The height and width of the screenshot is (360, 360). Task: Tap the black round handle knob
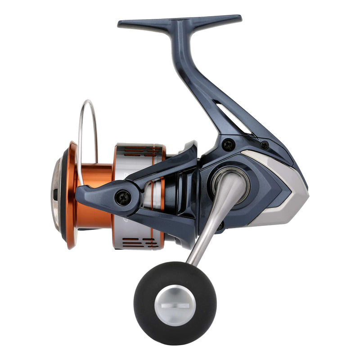(148, 288)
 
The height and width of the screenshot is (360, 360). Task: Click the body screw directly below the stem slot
(229, 144)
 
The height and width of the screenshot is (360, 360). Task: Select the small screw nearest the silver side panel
(265, 145)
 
